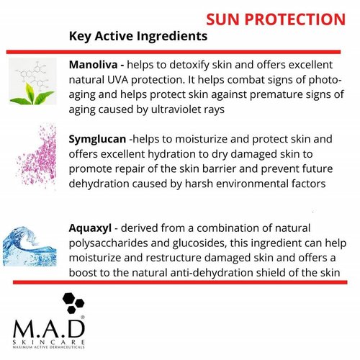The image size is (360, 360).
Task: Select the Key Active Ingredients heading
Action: coord(138,35)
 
